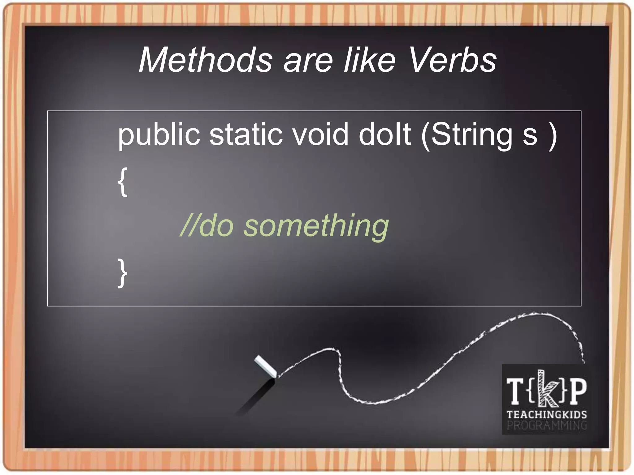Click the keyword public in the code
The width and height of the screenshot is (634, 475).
pos(159,135)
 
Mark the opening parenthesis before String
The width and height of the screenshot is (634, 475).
pos(426,135)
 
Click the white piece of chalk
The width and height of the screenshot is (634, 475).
pos(265,366)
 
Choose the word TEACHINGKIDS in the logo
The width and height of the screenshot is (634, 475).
pos(547,414)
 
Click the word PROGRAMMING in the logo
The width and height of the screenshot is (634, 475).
pos(547,425)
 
